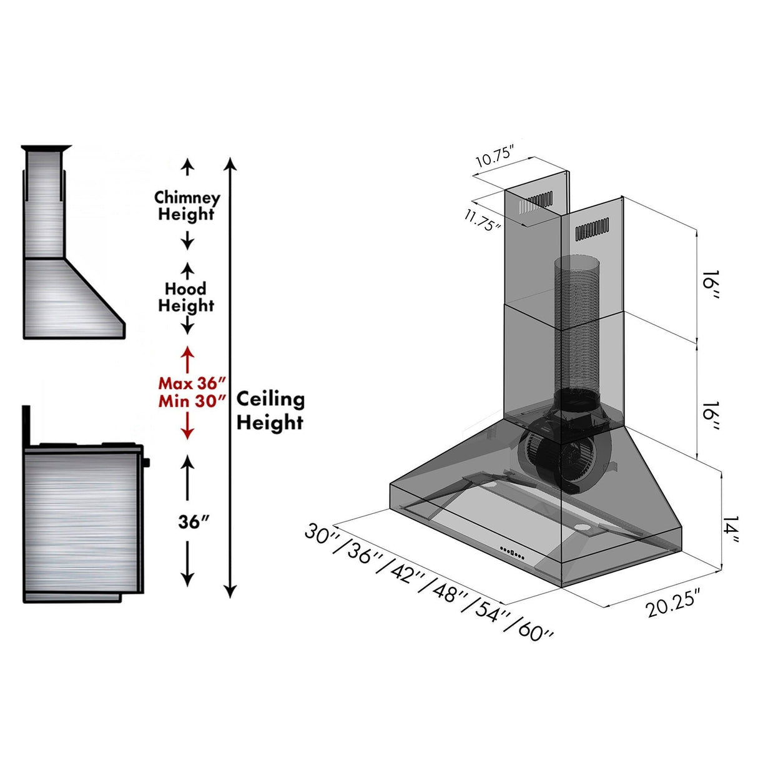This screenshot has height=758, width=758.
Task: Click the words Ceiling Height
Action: [x=270, y=410]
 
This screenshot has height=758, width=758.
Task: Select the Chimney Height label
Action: [x=187, y=206]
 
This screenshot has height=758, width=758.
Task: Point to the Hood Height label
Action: [x=185, y=297]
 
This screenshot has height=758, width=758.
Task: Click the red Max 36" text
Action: [x=191, y=383]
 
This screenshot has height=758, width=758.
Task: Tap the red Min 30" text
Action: [x=191, y=401]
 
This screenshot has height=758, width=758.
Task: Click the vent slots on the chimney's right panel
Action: [x=592, y=229]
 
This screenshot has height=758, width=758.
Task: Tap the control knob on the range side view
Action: [x=147, y=463]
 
